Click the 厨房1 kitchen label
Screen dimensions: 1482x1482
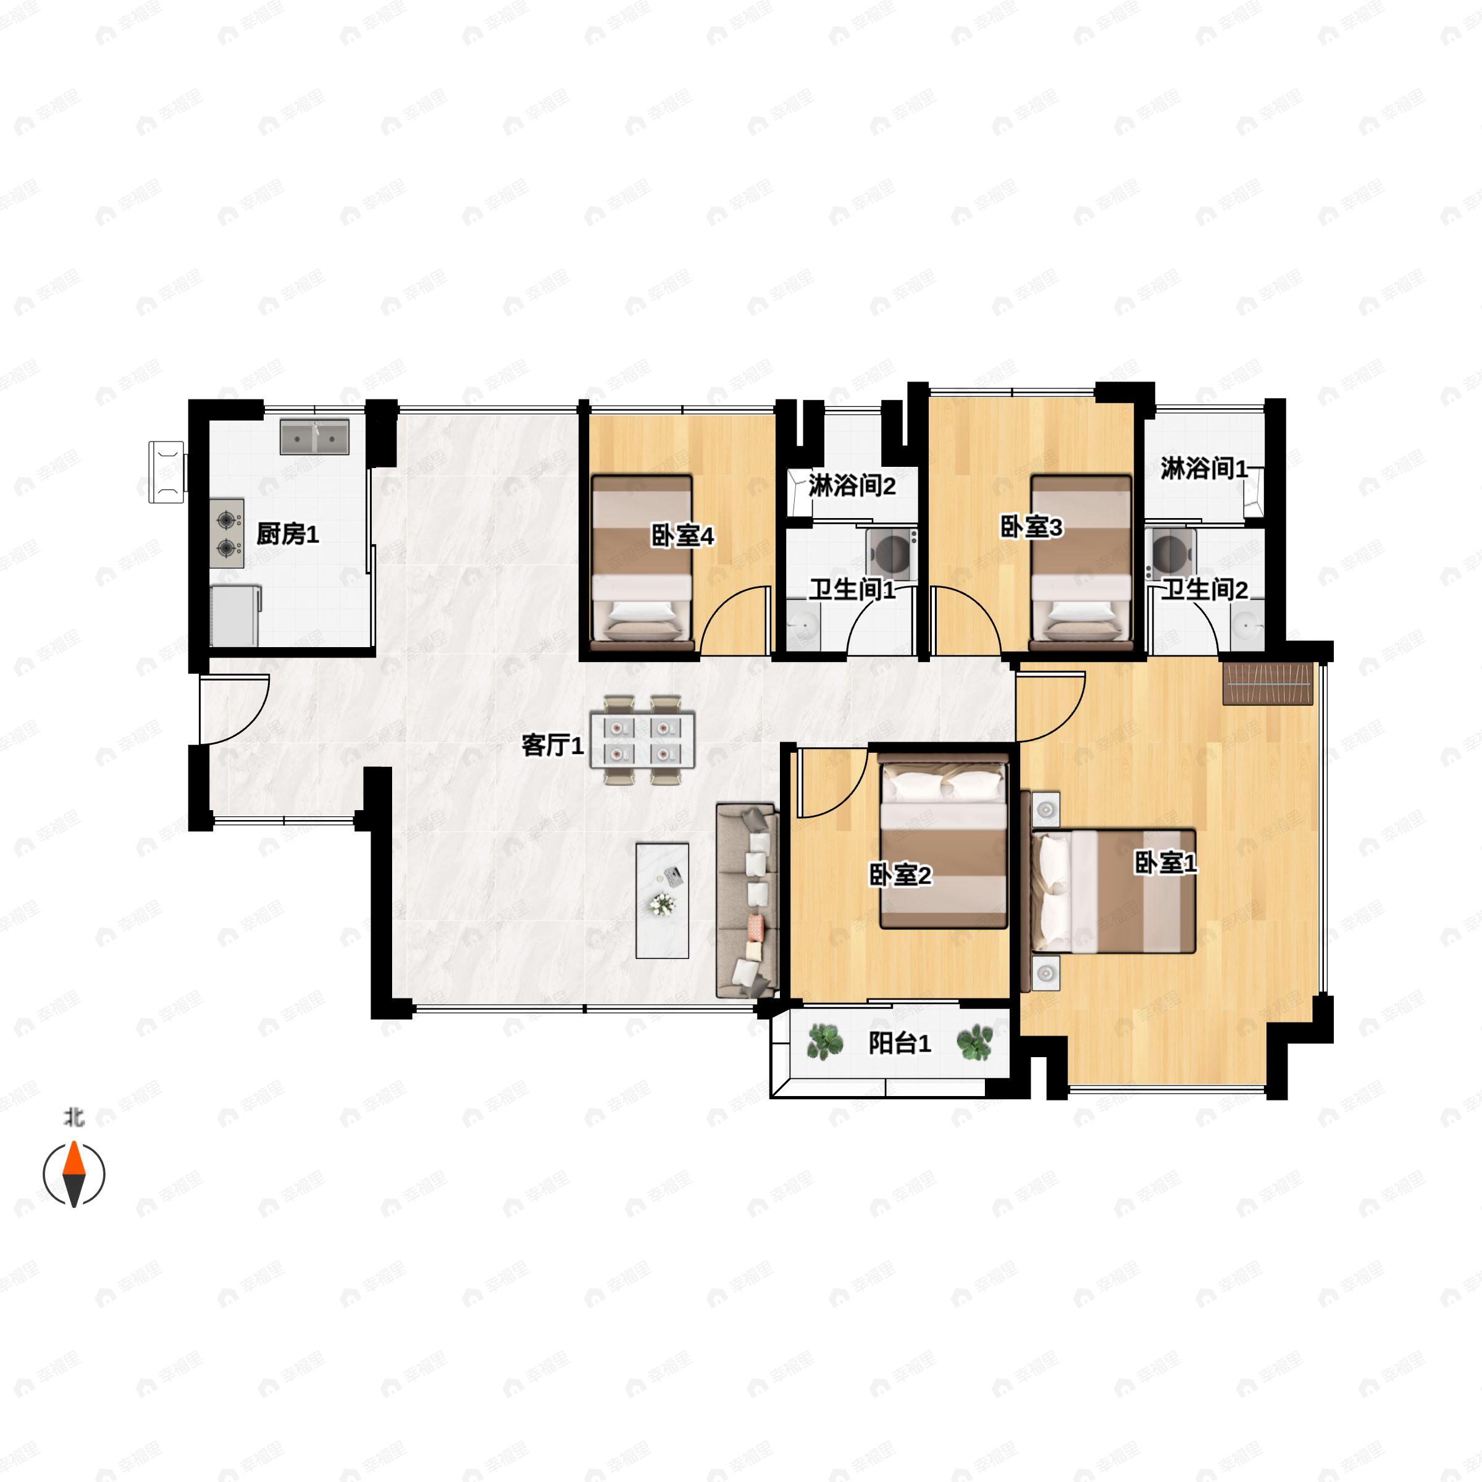[287, 534]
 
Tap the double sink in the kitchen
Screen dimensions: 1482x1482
[314, 437]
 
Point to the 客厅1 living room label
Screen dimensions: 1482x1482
[552, 745]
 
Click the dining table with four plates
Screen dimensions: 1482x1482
[642, 740]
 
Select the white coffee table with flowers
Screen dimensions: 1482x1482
[662, 900]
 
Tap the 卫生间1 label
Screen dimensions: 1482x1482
[852, 589]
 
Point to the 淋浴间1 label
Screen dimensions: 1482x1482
[1203, 468]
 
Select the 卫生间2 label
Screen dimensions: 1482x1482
[1204, 589]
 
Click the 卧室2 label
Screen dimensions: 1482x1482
[900, 874]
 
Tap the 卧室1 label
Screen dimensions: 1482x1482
[1165, 863]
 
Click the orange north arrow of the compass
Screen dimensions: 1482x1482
[73, 1159]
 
